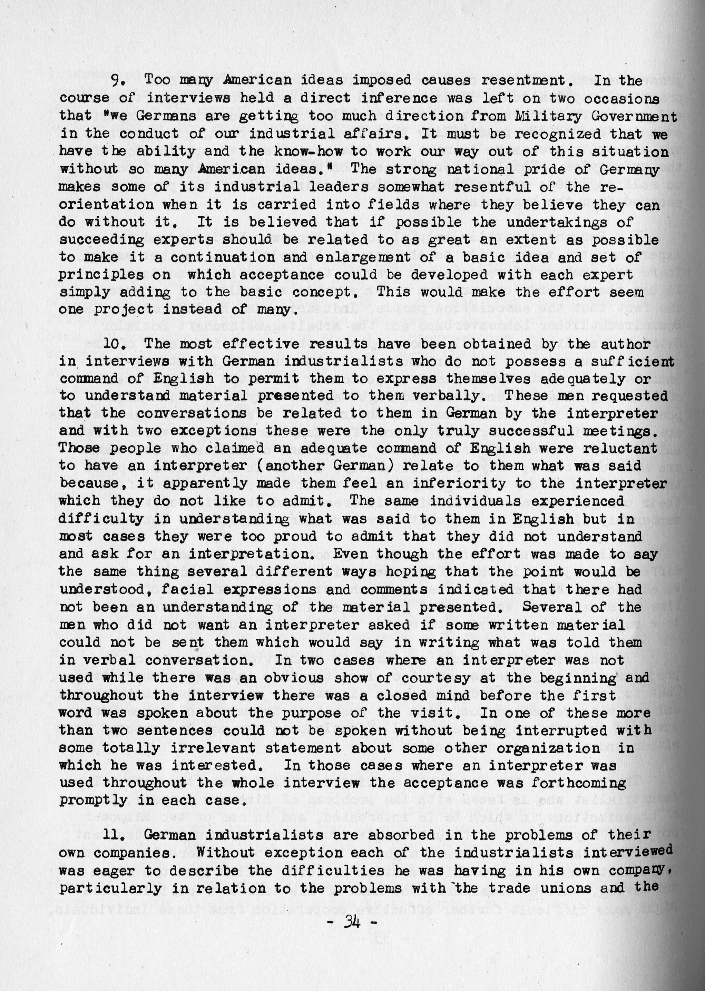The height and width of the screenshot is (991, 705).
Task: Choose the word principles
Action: click(x=101, y=275)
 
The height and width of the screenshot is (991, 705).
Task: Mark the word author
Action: click(x=626, y=344)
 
